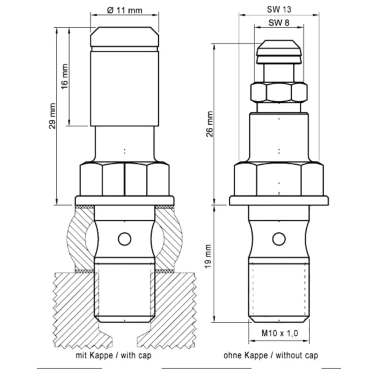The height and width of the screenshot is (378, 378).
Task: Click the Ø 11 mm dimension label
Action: pos(124,10)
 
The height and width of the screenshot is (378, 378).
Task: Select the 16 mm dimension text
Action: pos(65,76)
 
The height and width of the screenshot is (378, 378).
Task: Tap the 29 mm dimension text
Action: pos(52,116)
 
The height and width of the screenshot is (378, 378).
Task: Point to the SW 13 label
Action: pos(279,9)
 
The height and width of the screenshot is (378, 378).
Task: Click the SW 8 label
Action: pos(279,23)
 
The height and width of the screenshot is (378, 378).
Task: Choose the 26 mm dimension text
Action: pos(210,124)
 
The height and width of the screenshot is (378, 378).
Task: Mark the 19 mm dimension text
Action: pos(208,256)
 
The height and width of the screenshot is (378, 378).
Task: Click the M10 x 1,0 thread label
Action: pos(280,333)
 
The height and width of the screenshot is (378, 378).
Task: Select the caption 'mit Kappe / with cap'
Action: pos(113,355)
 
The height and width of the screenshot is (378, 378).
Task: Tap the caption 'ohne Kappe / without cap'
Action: pos(271,355)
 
